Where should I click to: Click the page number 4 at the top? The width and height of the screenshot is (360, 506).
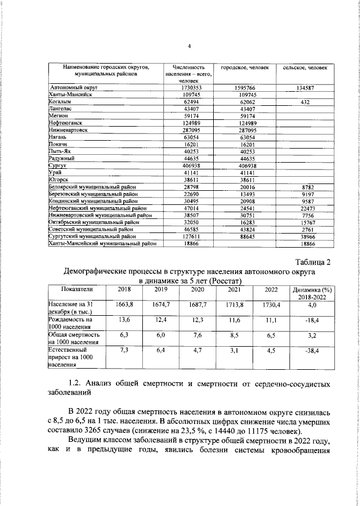point(189,47)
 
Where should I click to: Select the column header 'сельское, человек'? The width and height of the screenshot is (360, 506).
point(305,68)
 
